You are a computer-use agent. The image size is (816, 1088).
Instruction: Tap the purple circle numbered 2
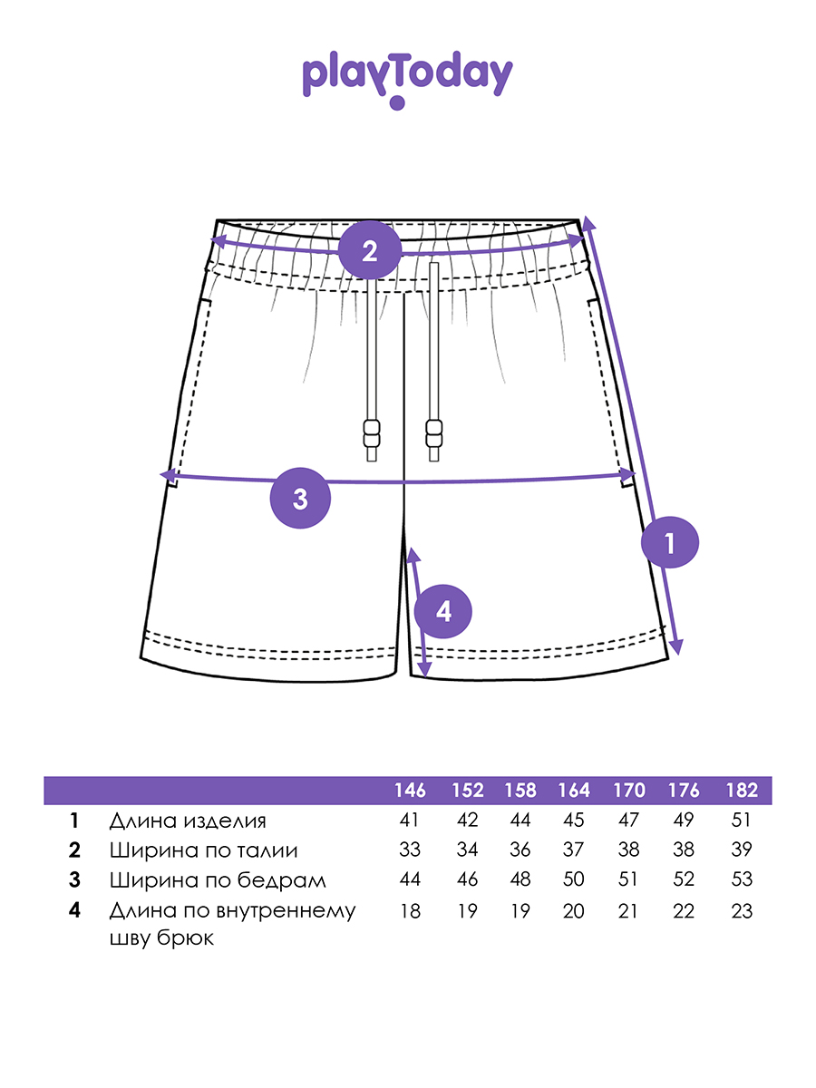point(369,250)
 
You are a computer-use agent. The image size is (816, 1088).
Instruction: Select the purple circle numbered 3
point(301,498)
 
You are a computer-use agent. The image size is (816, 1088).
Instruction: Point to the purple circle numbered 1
point(670,543)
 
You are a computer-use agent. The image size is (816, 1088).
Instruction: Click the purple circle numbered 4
point(443,612)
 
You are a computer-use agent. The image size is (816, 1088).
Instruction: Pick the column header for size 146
point(410,791)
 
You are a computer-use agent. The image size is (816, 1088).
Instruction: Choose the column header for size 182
point(742,791)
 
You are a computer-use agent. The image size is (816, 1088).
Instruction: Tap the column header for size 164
point(573,791)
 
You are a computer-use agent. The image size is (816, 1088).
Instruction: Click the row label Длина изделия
point(188,821)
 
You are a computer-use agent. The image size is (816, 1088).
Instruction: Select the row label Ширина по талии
point(203,850)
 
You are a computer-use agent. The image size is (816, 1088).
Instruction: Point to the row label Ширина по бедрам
point(217,879)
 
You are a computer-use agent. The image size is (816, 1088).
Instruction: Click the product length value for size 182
point(742,821)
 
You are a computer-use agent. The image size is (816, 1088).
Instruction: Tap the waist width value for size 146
point(410,850)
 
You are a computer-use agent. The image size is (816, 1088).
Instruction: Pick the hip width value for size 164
point(573,879)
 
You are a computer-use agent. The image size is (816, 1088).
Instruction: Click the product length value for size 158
point(520,821)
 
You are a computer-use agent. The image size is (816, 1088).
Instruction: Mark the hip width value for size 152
point(467,879)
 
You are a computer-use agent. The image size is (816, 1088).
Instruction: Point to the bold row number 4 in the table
point(74,910)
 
